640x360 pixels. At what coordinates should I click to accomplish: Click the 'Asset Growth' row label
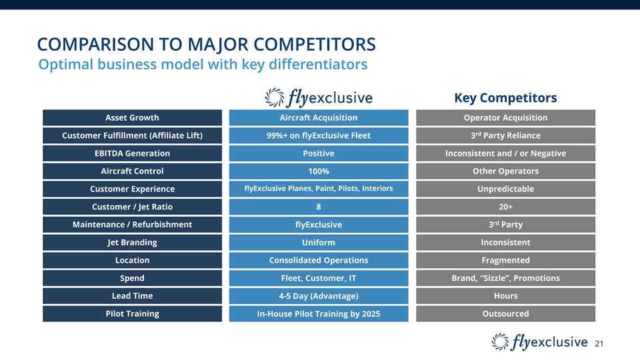click(132, 118)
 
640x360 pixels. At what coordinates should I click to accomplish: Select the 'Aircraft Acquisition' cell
click(319, 118)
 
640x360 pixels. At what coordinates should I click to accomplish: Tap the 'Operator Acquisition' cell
click(505, 118)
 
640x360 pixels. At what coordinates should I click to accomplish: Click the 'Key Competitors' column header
click(505, 98)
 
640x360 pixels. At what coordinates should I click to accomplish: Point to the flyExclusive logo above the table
click(319, 97)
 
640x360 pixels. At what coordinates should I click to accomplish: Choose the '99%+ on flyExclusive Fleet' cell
click(319, 136)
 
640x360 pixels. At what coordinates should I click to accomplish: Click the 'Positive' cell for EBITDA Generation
click(319, 153)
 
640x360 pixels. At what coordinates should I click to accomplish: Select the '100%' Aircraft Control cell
click(319, 171)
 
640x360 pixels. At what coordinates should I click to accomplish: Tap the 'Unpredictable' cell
click(505, 189)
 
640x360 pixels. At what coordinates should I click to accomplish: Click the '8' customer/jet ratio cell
click(319, 207)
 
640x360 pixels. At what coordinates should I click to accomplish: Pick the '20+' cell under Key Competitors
click(505, 207)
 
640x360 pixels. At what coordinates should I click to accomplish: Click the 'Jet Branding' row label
click(132, 242)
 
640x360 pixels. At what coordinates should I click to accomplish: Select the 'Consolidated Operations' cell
click(319, 260)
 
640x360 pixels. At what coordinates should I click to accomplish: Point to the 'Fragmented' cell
click(505, 260)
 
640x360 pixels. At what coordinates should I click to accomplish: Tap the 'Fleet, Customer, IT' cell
click(319, 278)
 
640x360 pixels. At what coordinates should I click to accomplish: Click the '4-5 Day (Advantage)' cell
click(319, 296)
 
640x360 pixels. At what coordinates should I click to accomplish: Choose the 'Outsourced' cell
click(505, 313)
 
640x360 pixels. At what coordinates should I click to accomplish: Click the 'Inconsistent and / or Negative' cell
click(505, 153)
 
